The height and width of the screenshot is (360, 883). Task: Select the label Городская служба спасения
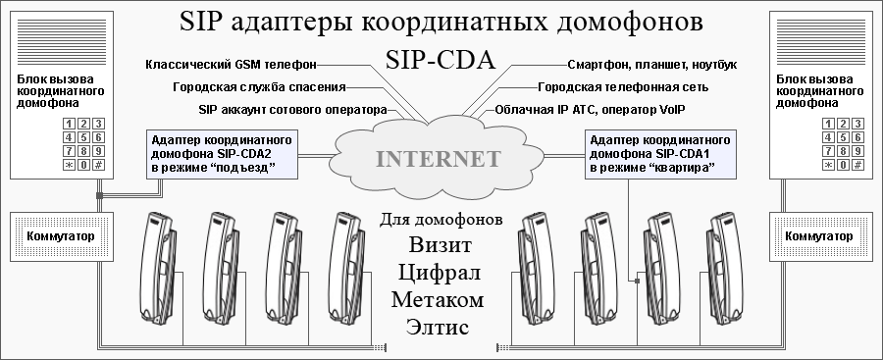259,87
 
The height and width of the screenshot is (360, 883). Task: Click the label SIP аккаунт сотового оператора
292,109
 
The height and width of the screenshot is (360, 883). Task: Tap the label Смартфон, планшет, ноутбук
651,65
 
